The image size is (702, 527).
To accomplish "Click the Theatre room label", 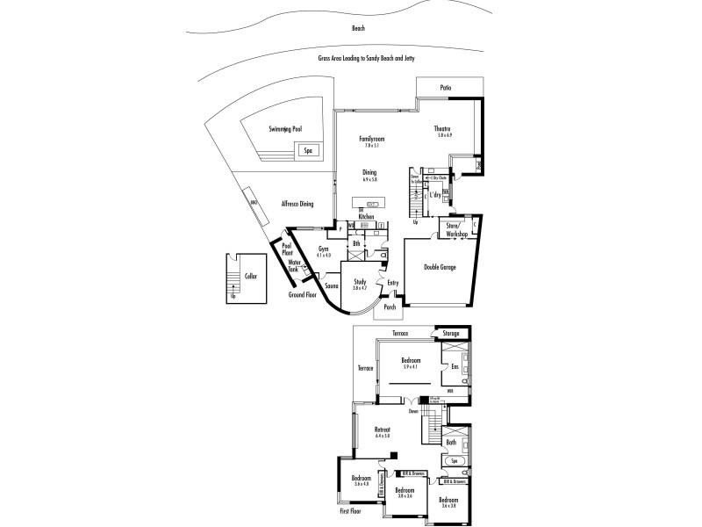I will point(443,129).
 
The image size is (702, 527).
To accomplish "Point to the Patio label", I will point(446,87).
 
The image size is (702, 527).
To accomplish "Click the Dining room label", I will point(369,172).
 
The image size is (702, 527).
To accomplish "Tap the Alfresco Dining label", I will point(297,204).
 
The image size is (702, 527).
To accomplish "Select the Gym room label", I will point(323,249).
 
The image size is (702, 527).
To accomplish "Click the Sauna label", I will point(332,286).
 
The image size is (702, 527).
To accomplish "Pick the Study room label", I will point(360,282).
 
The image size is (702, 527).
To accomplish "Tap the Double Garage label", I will point(438,268).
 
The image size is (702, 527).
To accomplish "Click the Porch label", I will point(390,307).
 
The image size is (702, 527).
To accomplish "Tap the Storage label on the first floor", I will point(450,334).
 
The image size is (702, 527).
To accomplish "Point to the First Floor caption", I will point(351,510).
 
